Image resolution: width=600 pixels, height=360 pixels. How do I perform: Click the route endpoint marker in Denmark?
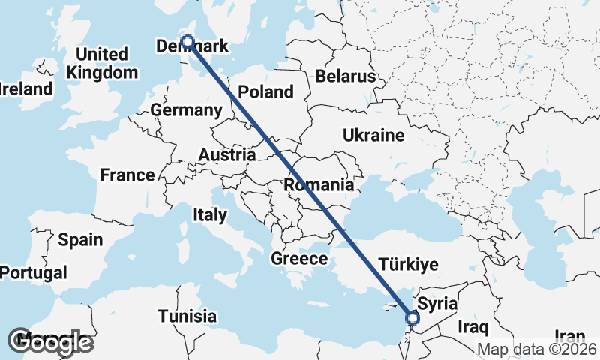tap(187, 43)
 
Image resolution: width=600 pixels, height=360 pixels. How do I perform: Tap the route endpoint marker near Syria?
tap(412, 318)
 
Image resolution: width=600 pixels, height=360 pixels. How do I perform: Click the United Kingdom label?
tap(102, 64)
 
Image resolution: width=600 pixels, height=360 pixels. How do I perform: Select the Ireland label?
tap(26, 88)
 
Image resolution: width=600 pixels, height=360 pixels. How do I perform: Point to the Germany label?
tap(186, 110)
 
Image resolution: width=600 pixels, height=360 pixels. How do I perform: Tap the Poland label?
tap(265, 92)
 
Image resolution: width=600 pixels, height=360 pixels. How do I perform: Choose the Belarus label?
tap(345, 76)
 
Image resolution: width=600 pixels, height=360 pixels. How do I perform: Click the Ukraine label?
tap(373, 135)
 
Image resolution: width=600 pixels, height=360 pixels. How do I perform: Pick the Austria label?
tap(226, 155)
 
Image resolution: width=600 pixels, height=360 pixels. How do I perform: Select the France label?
tap(127, 175)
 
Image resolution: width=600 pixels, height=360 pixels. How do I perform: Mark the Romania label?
tap(319, 184)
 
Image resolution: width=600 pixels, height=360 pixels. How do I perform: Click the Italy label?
tap(209, 215)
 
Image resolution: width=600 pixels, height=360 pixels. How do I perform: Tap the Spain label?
tap(80, 240)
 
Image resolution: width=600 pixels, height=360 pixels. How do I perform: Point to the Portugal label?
tap(33, 273)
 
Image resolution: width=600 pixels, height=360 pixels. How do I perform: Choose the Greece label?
tap(299, 259)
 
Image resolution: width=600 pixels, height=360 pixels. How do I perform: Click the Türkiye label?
tap(408, 264)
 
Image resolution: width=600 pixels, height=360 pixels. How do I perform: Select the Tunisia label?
tap(187, 316)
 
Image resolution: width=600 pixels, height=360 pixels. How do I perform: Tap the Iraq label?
tap(474, 327)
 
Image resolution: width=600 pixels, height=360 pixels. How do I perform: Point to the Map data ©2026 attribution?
tap(538, 349)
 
